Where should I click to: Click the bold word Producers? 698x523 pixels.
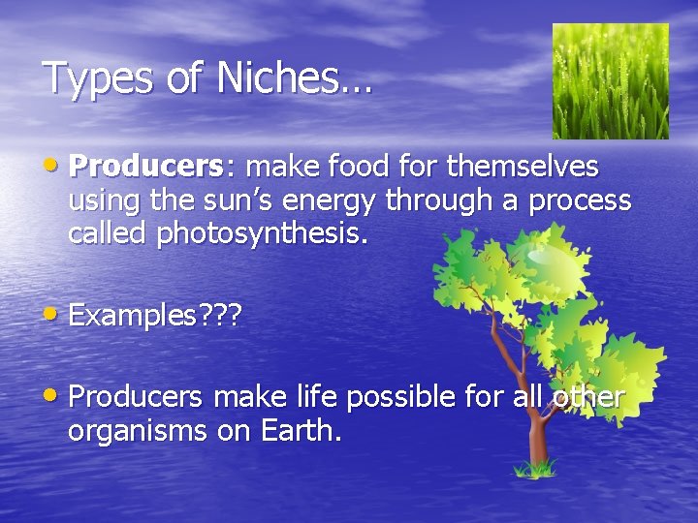tap(146, 167)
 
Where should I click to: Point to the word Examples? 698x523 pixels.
tap(130, 315)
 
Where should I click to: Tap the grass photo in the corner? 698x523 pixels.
tap(610, 81)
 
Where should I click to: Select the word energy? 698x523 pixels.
tap(333, 200)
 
